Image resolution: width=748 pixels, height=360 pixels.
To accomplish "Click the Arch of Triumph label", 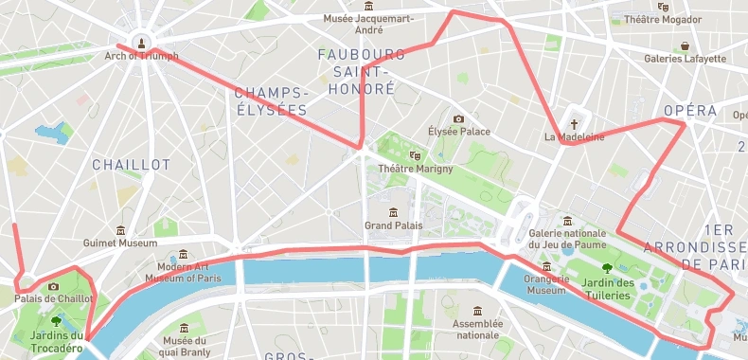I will click(141, 56).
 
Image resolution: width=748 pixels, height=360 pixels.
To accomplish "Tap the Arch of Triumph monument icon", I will click(142, 42).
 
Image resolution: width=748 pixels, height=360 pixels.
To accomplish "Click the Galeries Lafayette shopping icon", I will click(685, 45).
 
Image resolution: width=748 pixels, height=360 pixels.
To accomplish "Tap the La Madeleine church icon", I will click(574, 123).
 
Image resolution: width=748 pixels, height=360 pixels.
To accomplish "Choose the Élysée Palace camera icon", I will click(459, 118).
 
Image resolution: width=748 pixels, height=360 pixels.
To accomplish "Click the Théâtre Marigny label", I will click(415, 169).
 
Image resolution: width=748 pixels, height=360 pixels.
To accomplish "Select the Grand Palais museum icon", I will click(393, 211).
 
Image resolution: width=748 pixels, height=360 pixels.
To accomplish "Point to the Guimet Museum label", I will click(119, 243).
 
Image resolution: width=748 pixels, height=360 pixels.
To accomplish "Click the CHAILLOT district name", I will click(131, 165).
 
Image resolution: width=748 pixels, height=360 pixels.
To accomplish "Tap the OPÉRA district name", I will click(690, 111).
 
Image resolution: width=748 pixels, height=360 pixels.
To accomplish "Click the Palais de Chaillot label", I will click(54, 298).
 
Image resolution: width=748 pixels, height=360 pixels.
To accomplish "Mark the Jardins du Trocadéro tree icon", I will click(55, 322).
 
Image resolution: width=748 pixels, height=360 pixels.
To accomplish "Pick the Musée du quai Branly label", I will click(186, 347).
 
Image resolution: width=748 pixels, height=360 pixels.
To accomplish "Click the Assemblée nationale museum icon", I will click(476, 311).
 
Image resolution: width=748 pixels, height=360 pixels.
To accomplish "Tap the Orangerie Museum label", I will click(546, 284).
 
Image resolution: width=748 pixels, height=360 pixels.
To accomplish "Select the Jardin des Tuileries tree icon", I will click(607, 268).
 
